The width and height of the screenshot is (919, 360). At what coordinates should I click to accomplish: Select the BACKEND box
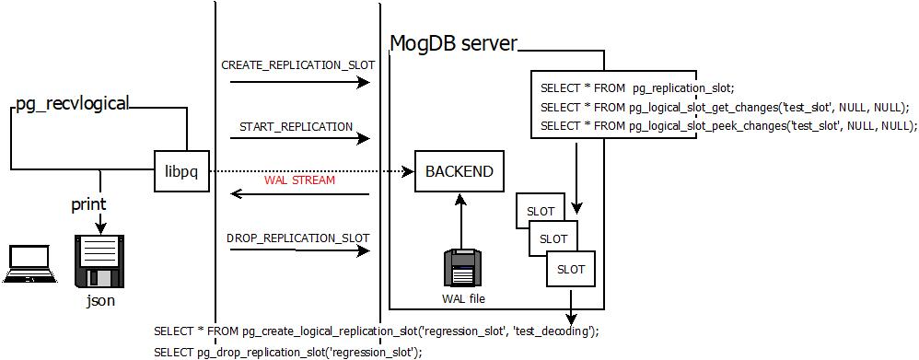point(459,171)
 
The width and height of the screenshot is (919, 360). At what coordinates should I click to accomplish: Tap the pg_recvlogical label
point(73,103)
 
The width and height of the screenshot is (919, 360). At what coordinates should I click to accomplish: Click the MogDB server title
point(453,43)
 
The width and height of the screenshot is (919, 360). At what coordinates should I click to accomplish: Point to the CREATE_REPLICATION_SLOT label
point(295,65)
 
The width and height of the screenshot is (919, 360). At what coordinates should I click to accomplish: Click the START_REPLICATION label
point(296,126)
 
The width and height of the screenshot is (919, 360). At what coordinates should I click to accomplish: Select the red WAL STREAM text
point(299,180)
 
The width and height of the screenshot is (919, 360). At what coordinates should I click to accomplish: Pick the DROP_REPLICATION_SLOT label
point(297,238)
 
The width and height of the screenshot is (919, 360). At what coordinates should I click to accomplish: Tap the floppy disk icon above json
point(99,261)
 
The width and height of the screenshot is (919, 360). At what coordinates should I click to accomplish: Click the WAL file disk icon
point(461,268)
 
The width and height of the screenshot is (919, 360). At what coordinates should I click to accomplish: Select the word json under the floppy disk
point(99,300)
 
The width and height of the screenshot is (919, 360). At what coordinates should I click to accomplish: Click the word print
point(88,204)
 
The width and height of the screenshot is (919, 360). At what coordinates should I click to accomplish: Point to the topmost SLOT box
point(540,210)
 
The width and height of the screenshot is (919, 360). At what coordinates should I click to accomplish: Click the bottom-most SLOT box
point(571,270)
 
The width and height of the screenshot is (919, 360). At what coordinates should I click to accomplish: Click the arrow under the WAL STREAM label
point(299,194)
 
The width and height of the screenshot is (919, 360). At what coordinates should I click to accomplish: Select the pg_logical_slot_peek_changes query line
point(724,126)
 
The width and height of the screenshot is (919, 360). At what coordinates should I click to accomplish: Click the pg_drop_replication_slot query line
point(287,352)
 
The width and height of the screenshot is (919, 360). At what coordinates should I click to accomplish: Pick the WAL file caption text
point(462,298)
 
